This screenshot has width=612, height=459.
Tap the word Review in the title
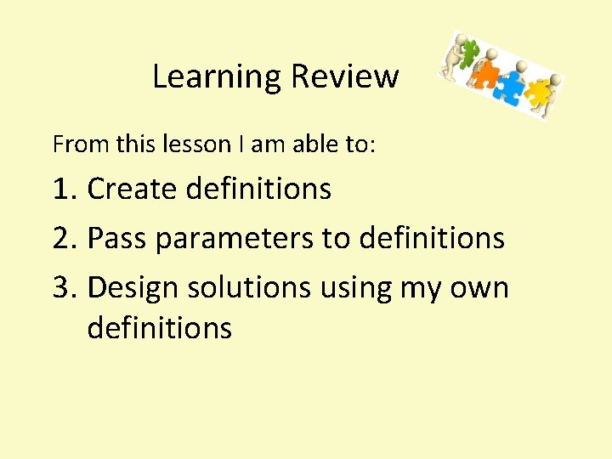344,76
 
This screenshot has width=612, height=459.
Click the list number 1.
64,189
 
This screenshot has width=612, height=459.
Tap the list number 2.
64,239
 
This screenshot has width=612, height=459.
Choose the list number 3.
64,288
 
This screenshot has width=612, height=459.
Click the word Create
131,189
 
